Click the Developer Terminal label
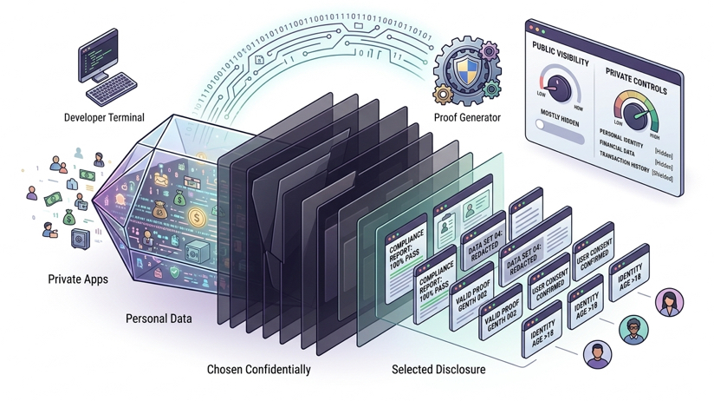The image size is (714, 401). coord(104,117)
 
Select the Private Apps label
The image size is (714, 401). coord(79,279)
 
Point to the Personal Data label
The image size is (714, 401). coord(159,319)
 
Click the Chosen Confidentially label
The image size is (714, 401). coord(258,370)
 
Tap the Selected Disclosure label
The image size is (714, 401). coord(438,370)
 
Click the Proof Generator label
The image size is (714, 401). coord(467,117)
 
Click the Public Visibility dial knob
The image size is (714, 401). coord(567,88)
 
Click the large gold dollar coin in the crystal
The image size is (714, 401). coord(198,217)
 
